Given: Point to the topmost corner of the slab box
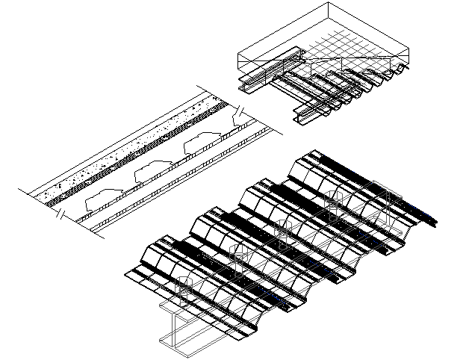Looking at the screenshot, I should [x=329, y=3].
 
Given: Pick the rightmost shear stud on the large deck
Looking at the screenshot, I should [x=391, y=198].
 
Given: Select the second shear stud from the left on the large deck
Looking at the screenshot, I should [x=238, y=258].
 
